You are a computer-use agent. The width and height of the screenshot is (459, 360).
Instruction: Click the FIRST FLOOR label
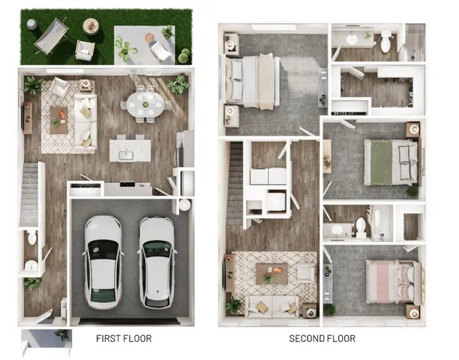tap(124, 338)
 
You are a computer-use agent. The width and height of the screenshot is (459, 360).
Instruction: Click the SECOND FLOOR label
tap(322, 338)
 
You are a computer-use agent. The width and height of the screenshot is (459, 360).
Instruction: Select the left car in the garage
tap(102, 260)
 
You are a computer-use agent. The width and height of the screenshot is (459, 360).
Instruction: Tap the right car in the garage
tap(156, 260)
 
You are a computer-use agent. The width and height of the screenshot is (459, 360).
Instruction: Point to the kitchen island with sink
tap(127, 150)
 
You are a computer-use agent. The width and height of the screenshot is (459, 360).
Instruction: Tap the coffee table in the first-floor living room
tap(59, 119)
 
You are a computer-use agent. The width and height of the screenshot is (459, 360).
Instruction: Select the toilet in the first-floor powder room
tap(31, 238)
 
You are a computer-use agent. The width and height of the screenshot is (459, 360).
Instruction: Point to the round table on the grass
tap(91, 26)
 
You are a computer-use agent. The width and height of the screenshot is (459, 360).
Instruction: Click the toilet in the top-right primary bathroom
tap(385, 44)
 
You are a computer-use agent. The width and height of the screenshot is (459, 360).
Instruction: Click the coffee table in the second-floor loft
tap(271, 273)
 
